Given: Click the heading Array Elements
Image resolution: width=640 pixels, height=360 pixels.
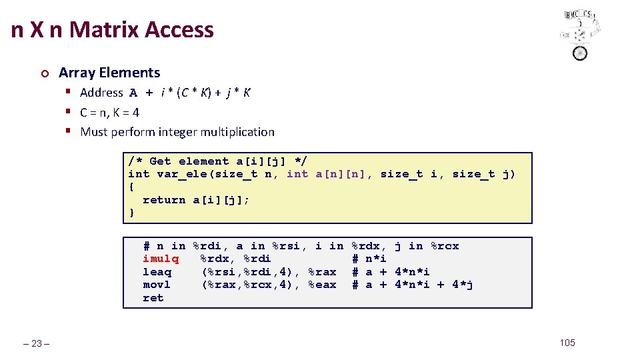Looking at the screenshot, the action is tap(109, 73).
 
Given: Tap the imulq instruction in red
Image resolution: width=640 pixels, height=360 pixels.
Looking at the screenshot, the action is tap(161, 259).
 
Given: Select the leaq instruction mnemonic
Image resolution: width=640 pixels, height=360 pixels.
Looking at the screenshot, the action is tap(157, 272).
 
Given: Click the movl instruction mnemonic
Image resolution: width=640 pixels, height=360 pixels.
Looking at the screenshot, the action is tap(157, 285).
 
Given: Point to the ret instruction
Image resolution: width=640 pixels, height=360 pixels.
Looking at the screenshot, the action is tap(153, 298).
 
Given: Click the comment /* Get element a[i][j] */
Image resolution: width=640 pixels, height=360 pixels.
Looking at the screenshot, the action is tap(217, 161).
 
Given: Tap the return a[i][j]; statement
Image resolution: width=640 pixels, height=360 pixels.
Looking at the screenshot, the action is tap(196, 200).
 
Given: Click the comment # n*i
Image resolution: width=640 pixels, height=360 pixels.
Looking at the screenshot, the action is tap(369, 259).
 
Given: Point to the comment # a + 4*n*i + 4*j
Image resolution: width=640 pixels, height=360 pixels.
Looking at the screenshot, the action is tap(413, 285).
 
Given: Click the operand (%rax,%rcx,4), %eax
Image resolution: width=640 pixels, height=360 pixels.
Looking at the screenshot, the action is tap(269, 285).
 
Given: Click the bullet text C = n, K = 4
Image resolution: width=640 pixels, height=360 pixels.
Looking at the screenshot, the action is tap(109, 113).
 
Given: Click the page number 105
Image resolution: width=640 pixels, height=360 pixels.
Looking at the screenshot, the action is tap(567, 343).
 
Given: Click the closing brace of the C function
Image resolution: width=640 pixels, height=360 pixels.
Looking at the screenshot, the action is tap(132, 213).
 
